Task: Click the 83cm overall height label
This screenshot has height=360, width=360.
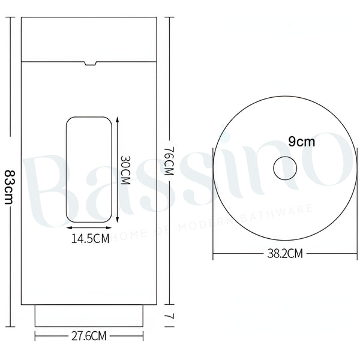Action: coord(9,187)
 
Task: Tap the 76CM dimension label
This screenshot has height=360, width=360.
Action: coord(169,161)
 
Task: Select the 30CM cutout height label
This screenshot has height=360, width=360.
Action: coord(125,170)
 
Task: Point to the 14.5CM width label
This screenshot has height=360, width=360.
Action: coord(90,239)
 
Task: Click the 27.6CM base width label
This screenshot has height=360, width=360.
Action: coord(89,336)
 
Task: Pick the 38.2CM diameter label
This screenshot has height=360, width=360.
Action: coord(285,254)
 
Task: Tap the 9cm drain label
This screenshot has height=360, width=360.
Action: coord(301,142)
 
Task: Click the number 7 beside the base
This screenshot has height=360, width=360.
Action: coord(169,316)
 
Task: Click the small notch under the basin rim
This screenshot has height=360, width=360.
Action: coord(90,64)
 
